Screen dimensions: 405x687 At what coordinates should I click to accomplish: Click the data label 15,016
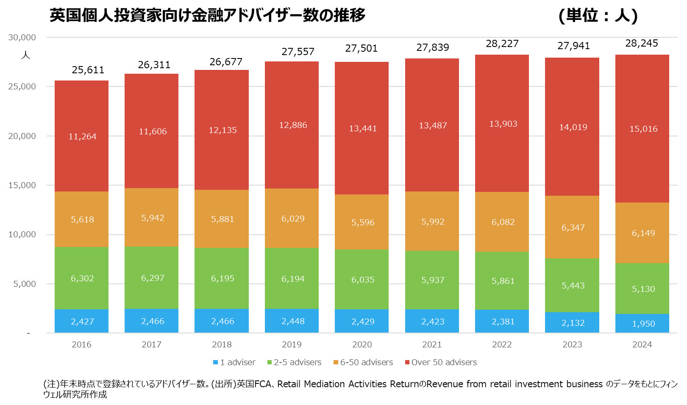coord(643,129)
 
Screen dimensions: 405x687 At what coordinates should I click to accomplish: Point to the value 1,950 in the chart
coord(643,324)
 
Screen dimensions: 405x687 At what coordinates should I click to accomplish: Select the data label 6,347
coord(573,227)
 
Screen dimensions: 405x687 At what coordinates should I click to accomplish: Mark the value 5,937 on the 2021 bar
coord(433,280)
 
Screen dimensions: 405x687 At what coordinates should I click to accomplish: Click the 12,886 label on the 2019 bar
coord(293,125)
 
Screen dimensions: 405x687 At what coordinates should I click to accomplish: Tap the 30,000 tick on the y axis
coord(22,37)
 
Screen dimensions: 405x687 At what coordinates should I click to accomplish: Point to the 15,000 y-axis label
coord(22,185)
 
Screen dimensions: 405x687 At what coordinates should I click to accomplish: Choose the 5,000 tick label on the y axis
coord(25,284)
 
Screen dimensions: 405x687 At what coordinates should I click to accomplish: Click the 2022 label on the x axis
coord(502,344)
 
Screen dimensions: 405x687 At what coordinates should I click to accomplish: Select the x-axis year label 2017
coord(151,344)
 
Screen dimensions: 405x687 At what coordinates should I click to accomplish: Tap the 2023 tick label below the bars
coord(572,344)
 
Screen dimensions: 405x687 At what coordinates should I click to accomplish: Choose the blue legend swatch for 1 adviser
coord(215,362)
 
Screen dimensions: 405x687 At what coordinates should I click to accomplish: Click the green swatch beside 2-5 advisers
coord(270,362)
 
